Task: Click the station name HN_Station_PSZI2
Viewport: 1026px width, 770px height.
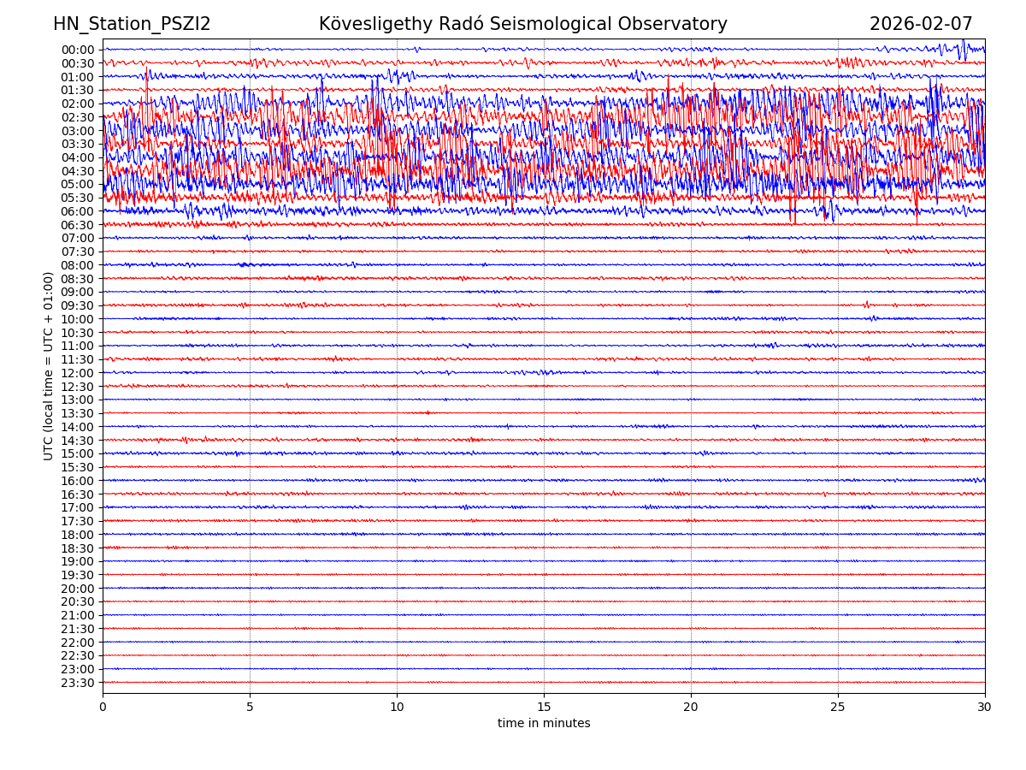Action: [132, 25]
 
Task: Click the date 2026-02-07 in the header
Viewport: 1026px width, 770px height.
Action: [921, 25]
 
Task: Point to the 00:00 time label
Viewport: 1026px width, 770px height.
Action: [77, 50]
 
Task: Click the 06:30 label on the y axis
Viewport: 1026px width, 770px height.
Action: [77, 225]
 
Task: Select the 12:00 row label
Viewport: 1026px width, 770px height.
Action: [77, 373]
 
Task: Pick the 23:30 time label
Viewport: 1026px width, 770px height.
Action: [77, 683]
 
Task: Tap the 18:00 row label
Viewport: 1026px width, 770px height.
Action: [77, 535]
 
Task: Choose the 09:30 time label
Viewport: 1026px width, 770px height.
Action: [77, 305]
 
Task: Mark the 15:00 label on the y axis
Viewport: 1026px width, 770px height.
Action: [77, 453]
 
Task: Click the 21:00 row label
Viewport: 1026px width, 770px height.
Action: [77, 615]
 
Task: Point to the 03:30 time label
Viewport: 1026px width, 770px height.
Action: [77, 144]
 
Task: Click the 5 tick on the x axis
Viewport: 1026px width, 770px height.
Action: [250, 708]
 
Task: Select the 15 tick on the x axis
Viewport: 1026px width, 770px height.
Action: [544, 708]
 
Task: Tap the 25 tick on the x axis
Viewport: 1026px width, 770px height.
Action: [838, 708]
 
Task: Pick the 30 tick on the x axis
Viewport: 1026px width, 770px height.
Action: [985, 708]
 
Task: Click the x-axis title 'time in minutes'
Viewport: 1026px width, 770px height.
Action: [544, 724]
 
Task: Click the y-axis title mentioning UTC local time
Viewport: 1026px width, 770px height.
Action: [49, 365]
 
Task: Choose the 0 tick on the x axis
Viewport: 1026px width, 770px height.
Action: [103, 708]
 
